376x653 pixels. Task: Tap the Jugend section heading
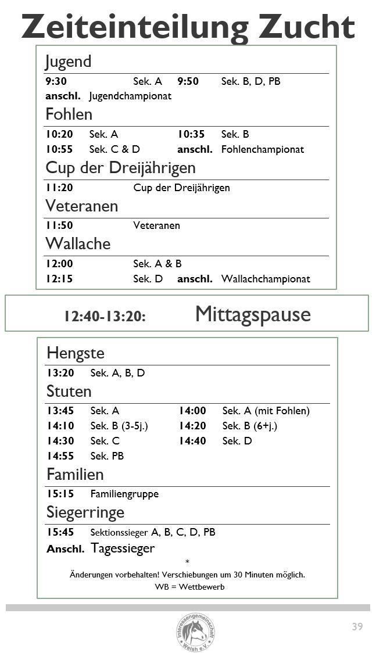point(68,62)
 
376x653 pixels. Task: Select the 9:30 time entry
point(56,81)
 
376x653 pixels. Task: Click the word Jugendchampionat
point(130,96)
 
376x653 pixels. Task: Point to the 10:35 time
point(191,134)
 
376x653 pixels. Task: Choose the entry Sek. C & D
point(114,149)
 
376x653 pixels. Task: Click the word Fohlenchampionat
point(262,149)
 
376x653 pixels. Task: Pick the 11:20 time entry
point(59,188)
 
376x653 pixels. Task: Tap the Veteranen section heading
point(81,206)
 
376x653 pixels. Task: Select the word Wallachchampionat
point(266,279)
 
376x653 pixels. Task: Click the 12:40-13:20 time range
point(105,316)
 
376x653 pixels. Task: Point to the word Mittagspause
point(253,314)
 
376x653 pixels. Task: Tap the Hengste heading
point(76,353)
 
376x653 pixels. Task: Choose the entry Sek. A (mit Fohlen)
point(266,411)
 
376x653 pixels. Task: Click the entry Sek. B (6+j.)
point(249,426)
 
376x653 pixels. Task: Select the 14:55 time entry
point(61,456)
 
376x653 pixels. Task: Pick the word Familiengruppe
point(124,494)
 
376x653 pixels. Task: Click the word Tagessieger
point(123,548)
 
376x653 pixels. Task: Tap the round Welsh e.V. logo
point(196,632)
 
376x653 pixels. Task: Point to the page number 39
point(357,627)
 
